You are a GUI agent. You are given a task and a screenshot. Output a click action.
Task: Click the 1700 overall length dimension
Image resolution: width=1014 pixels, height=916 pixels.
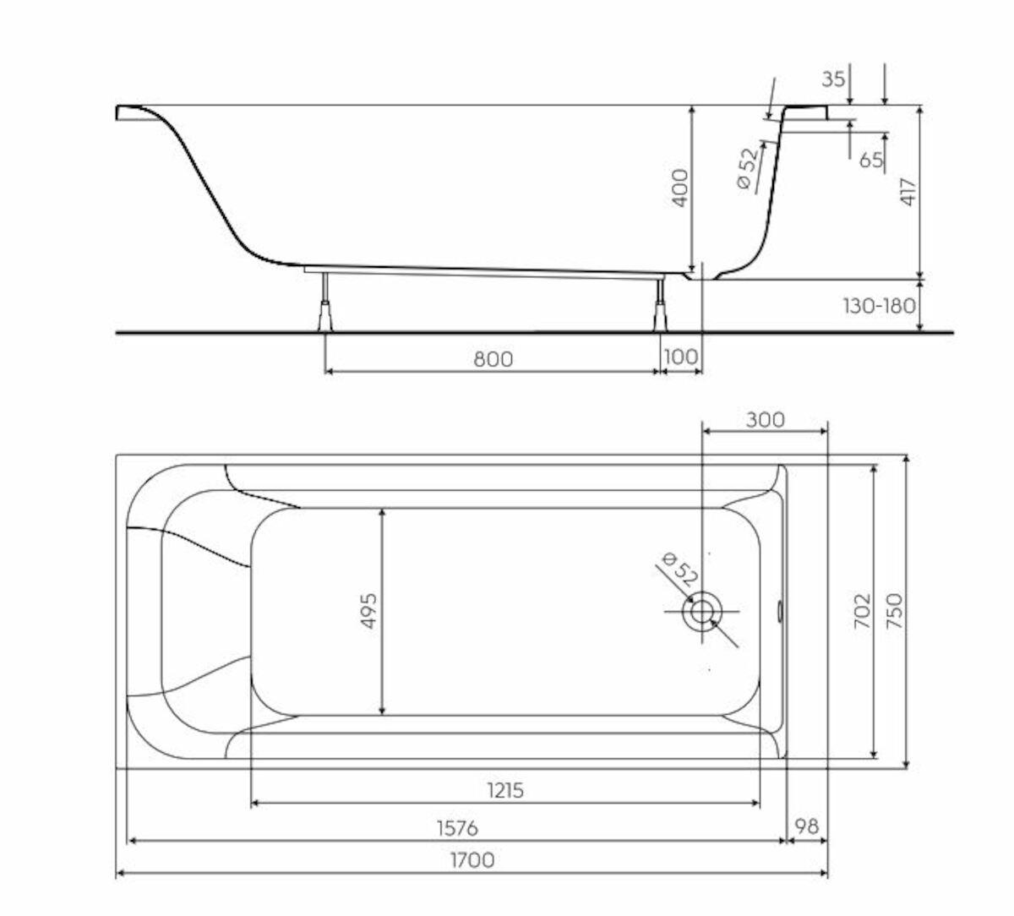472,860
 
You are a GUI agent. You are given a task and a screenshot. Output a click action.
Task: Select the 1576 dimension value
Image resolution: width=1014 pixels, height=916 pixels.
457,828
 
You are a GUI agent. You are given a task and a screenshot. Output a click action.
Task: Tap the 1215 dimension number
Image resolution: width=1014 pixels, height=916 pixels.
505,790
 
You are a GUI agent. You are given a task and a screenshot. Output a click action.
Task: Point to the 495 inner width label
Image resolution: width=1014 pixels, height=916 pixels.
369,611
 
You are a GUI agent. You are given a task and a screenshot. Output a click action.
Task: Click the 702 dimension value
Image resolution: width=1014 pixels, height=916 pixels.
863,611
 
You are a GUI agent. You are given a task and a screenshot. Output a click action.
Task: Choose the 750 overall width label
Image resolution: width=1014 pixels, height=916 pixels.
894,611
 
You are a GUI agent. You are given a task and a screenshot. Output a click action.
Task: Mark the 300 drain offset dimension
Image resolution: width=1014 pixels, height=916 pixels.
766,420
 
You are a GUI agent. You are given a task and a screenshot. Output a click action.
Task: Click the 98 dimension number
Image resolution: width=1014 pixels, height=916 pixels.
807,826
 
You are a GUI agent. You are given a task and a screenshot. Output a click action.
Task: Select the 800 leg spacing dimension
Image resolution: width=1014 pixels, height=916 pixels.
493,359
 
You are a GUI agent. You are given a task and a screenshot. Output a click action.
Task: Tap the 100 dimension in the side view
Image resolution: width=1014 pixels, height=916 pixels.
680,357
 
